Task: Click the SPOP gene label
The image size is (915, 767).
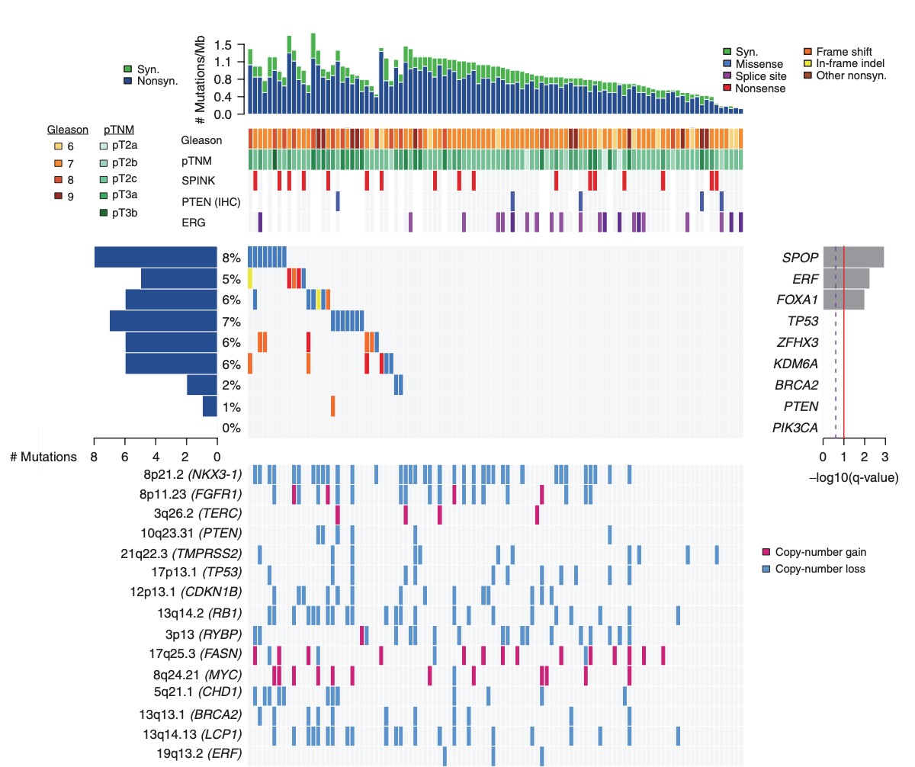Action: (x=800, y=257)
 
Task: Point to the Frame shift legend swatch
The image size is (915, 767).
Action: (x=809, y=52)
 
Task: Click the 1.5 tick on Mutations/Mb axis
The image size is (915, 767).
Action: (x=223, y=44)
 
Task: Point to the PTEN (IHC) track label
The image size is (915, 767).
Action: (x=207, y=202)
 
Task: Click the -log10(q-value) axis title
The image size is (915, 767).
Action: (x=852, y=478)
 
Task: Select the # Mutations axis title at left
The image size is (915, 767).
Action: (x=43, y=457)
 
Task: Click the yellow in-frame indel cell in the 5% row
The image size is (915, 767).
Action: (x=250, y=278)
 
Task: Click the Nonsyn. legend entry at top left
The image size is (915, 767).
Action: (x=151, y=80)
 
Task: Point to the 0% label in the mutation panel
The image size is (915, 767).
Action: (x=231, y=428)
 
